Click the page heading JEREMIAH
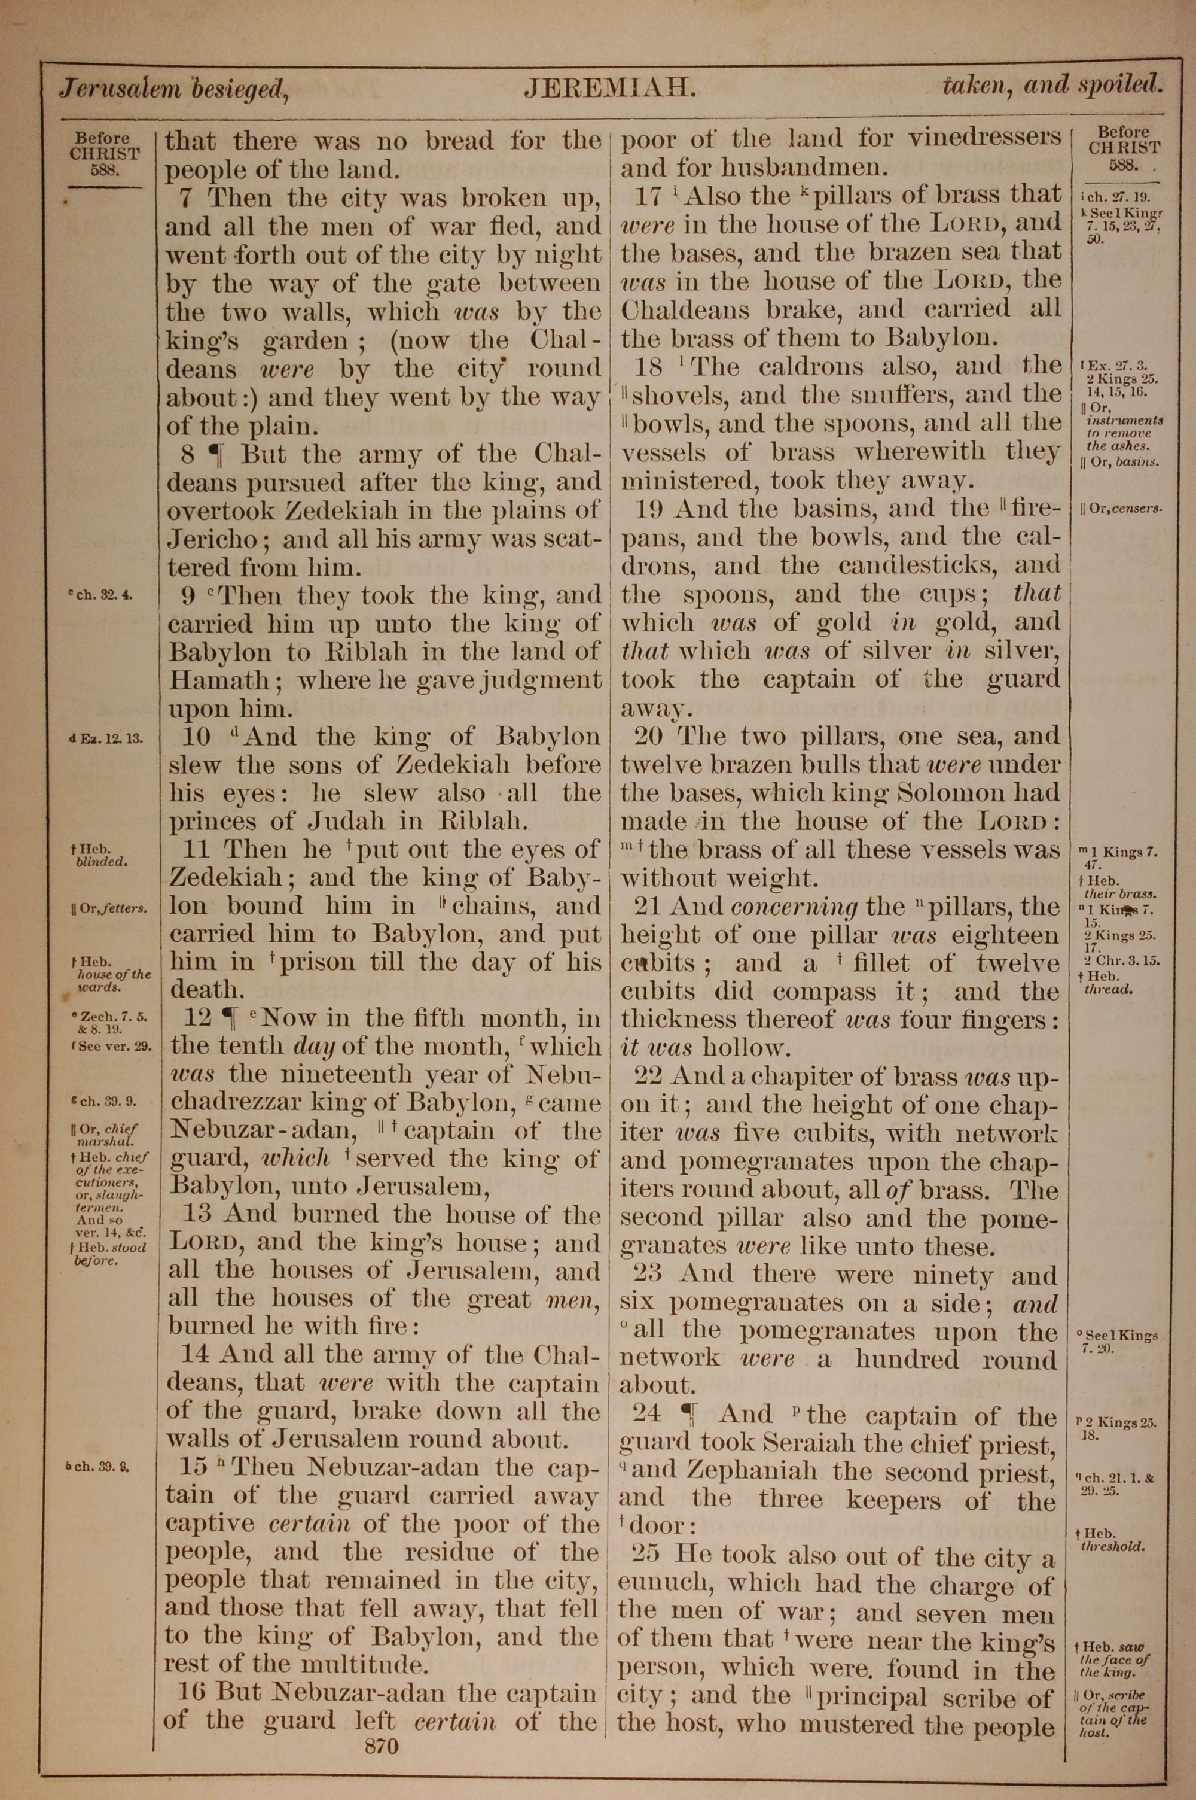tap(609, 89)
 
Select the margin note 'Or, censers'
tap(1121, 508)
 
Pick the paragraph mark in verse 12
tap(227, 1018)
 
